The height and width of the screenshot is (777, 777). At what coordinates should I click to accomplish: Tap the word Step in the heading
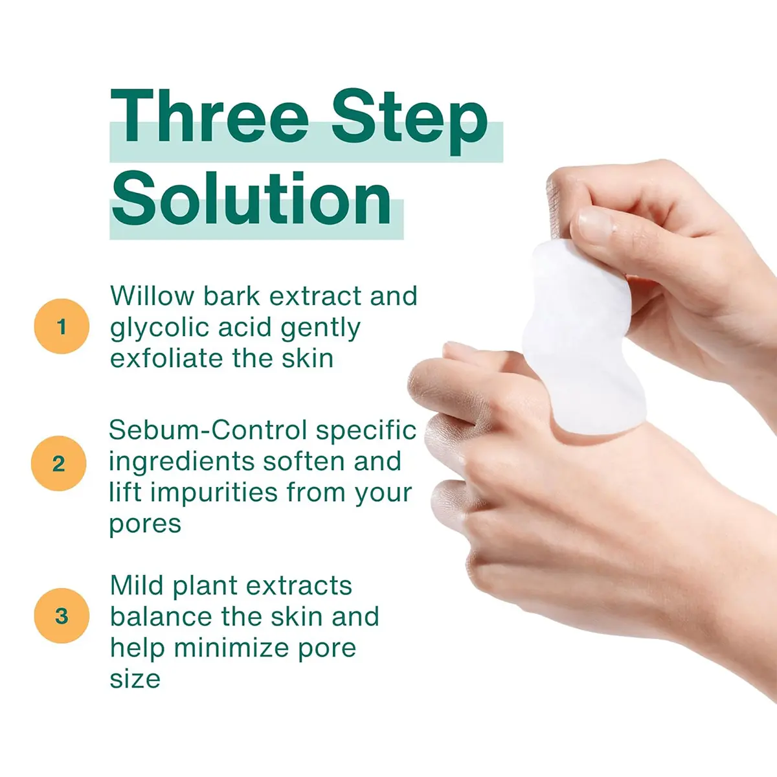(410, 122)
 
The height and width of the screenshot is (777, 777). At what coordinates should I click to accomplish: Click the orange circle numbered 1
(62, 326)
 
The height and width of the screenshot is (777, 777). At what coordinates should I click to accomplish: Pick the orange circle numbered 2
(59, 464)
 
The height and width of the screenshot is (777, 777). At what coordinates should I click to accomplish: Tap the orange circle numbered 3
(62, 616)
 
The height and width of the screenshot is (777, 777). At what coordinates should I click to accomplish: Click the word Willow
(152, 295)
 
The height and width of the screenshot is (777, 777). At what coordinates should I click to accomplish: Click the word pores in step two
(145, 525)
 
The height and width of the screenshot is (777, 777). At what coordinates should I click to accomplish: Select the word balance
(161, 616)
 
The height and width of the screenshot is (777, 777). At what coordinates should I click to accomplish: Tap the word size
(135, 680)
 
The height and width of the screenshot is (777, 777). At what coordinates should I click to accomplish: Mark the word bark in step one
(231, 295)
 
